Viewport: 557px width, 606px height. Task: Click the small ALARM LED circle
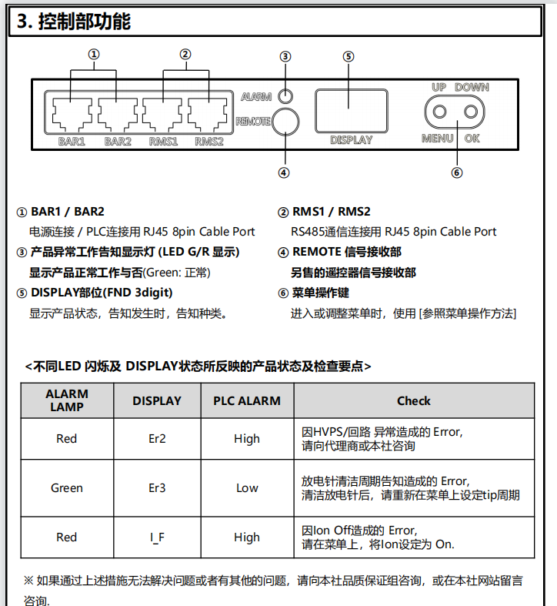point(285,96)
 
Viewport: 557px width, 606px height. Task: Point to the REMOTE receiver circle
point(285,121)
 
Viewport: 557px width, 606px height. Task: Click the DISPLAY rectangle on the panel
point(350,109)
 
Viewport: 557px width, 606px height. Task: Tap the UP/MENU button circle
point(439,112)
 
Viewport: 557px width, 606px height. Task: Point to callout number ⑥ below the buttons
point(457,172)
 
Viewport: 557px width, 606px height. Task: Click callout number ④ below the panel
point(284,172)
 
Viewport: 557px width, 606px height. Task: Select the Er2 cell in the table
point(157,439)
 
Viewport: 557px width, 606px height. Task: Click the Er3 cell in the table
point(157,488)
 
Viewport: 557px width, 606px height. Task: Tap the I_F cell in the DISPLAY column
point(157,537)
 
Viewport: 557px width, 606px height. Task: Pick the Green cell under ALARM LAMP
point(67,488)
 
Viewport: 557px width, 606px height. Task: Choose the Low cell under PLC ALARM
point(247,488)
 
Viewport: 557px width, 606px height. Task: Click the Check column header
point(413,401)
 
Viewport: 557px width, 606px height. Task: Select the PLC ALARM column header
point(247,401)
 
